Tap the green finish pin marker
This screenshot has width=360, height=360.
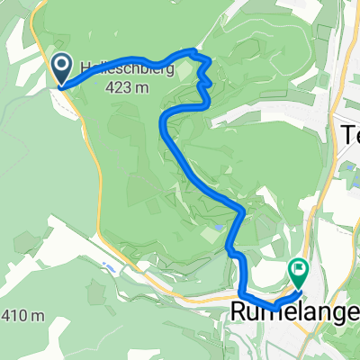298,269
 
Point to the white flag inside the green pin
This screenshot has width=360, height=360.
298,268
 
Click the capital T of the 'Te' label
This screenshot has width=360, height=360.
345,135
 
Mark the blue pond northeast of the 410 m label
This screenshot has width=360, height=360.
109,266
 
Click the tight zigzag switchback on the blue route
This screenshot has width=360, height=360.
203,81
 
